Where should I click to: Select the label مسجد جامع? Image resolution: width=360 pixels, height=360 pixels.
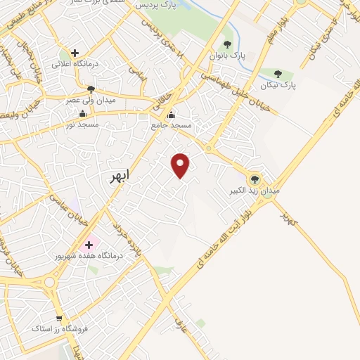tap(171, 124)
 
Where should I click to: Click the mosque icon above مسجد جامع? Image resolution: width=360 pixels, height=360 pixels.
tap(171, 115)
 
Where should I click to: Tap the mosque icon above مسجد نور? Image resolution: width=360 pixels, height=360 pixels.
tap(83, 114)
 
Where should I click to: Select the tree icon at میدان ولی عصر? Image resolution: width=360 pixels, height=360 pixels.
tap(91, 89)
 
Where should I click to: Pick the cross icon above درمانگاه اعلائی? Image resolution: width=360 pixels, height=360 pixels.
tap(75, 53)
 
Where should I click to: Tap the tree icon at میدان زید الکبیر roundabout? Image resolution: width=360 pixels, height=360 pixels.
tap(255, 179)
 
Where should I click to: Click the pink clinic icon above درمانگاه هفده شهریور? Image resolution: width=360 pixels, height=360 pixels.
tap(89, 246)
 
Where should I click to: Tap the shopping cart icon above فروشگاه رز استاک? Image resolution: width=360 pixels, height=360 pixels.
tap(59, 318)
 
